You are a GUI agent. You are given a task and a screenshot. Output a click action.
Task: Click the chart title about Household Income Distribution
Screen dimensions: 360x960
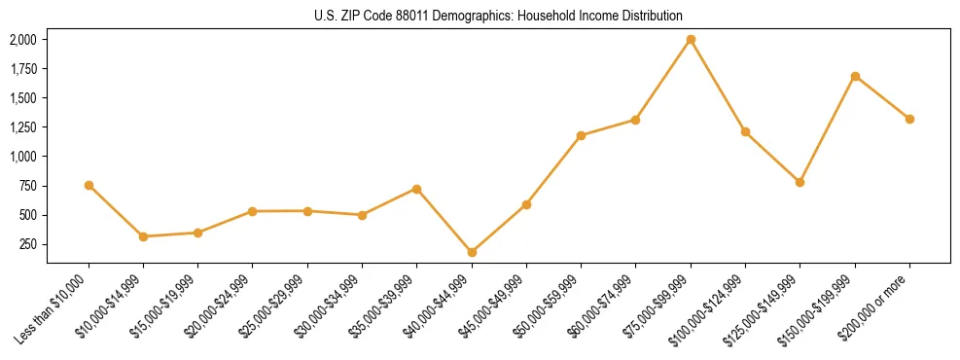(499, 16)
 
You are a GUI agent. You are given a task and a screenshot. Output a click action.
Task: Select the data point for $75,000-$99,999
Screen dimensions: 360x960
(691, 40)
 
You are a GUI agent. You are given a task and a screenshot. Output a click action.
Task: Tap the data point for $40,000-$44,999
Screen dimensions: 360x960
(472, 252)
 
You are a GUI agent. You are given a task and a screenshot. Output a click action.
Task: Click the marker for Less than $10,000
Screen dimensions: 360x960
(89, 185)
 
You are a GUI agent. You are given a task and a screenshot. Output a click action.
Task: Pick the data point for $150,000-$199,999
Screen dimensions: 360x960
(855, 76)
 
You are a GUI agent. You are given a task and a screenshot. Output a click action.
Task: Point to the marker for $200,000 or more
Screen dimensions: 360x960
(909, 119)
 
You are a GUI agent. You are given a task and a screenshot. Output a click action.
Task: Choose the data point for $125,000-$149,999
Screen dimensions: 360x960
(800, 182)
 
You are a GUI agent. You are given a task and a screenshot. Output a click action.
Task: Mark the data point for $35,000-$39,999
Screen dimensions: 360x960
(416, 189)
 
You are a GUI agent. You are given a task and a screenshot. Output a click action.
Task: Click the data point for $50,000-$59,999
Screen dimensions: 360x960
(581, 135)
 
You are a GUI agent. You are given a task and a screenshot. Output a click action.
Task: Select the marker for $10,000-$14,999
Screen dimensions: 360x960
(143, 236)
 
